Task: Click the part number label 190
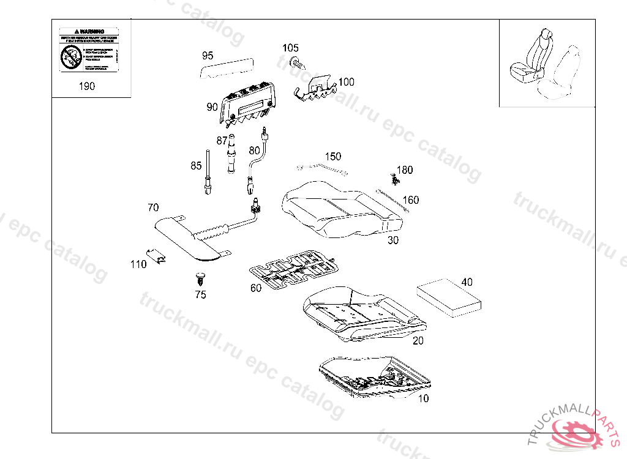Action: (x=87, y=86)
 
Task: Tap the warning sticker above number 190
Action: (x=89, y=50)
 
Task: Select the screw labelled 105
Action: (x=297, y=62)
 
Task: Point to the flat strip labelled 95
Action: (x=227, y=68)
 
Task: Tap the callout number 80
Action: (x=254, y=150)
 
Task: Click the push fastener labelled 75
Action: (x=200, y=279)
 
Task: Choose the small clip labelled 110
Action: (x=157, y=256)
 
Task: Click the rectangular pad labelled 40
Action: (x=448, y=297)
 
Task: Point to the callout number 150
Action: (x=333, y=157)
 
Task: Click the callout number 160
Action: (x=411, y=200)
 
